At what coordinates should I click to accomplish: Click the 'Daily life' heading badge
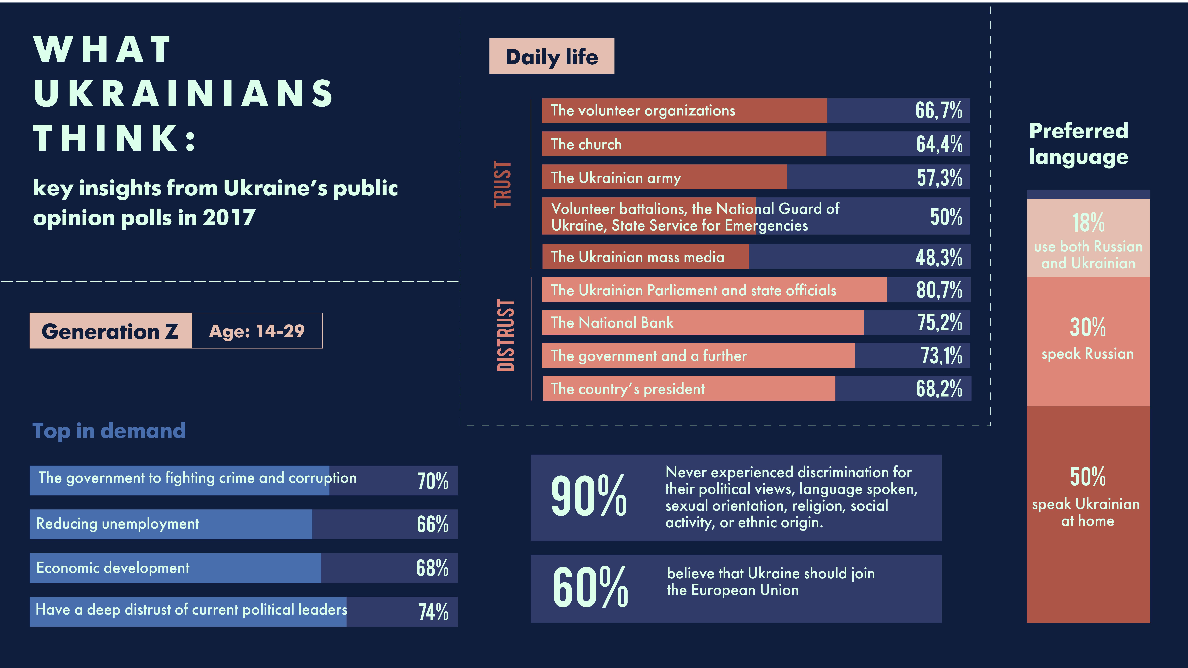pos(552,56)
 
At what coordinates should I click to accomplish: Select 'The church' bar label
pos(586,144)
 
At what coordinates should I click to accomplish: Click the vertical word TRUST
pos(503,184)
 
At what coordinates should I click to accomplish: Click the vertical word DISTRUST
pos(505,335)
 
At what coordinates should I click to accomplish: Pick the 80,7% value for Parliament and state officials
pos(939,290)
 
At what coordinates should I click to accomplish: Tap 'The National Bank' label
pos(612,323)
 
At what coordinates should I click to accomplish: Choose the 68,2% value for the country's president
pos(939,389)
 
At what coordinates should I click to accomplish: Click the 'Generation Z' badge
pos(110,331)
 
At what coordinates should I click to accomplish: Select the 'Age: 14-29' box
pos(257,331)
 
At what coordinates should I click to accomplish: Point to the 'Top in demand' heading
pos(109,431)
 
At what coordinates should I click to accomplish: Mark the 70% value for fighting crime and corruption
pos(433,481)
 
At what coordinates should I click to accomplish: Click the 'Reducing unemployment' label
pos(118,524)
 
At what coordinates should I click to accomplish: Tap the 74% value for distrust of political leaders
pos(433,612)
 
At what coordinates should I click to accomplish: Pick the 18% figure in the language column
pos(1088,223)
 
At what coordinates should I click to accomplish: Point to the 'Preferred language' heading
pos(1079,144)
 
